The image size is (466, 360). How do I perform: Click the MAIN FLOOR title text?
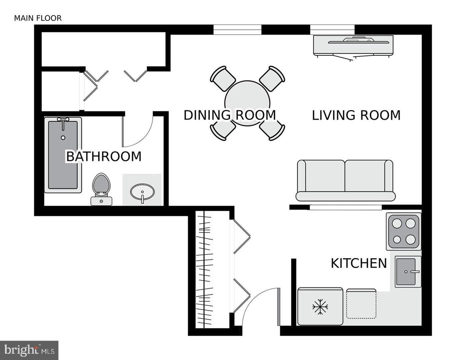point(38,18)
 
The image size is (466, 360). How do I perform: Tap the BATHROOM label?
point(104,156)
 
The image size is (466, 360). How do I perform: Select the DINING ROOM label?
point(230,115)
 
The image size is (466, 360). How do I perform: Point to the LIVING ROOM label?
point(356,115)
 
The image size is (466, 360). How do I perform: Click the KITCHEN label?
point(359,263)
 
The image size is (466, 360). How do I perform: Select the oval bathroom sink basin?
point(142,192)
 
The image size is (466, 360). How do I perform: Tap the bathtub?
point(63,155)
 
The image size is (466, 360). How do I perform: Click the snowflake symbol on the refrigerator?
point(320,307)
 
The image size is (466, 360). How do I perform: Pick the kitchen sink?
point(407,272)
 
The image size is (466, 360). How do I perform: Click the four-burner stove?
point(403,231)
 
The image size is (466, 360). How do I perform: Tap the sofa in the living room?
point(345,180)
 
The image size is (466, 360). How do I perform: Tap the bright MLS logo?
point(29,350)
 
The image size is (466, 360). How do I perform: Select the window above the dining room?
point(237,30)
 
